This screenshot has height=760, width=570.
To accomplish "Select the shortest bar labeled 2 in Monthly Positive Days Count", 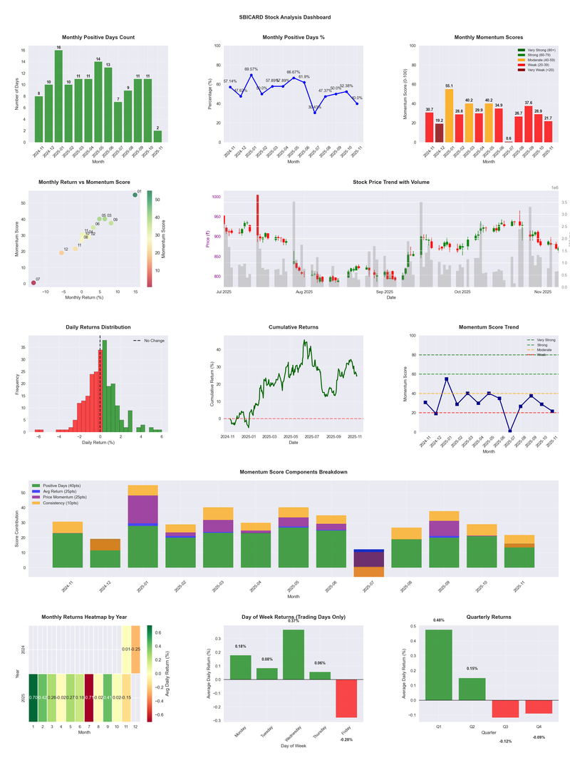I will [x=157, y=136].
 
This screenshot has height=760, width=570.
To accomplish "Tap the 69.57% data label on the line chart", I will [x=251, y=69].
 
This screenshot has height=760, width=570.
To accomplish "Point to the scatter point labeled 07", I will [x=33, y=283].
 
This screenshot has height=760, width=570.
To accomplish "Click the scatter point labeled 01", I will [x=135, y=195].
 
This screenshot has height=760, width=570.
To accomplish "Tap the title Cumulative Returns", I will [x=294, y=327].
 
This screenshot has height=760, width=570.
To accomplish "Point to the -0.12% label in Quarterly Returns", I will [x=505, y=741].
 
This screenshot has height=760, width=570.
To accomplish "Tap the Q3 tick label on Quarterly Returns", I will [x=505, y=726].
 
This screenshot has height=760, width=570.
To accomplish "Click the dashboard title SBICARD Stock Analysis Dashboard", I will [x=285, y=16].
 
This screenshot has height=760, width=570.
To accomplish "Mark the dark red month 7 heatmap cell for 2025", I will [x=89, y=697].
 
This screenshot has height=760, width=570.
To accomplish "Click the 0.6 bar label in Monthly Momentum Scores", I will [x=508, y=138].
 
